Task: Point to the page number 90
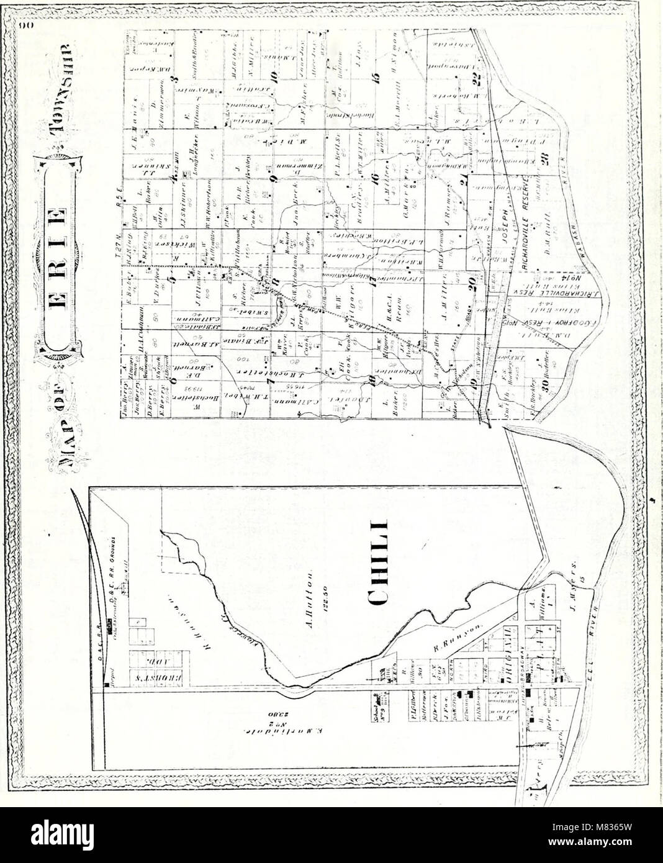[x=25, y=27]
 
